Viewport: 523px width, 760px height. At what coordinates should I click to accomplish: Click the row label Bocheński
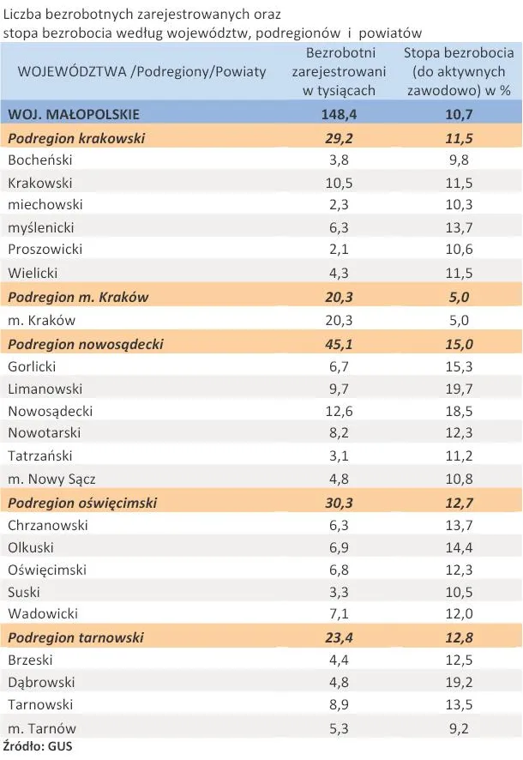pos(40,160)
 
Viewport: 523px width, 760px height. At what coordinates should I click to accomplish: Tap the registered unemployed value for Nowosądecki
pos(346,411)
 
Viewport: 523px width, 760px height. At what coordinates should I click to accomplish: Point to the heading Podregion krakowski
pos(76,137)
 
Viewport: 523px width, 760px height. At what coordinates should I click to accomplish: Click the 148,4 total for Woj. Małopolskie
pos(346,113)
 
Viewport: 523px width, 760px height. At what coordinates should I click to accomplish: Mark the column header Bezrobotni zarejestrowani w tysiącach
pos(346,72)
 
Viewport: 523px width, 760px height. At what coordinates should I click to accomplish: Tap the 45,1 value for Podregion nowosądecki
pos(346,343)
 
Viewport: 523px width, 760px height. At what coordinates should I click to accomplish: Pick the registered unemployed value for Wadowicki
pos(346,614)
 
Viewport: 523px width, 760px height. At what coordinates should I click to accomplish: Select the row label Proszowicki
pos(45,250)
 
